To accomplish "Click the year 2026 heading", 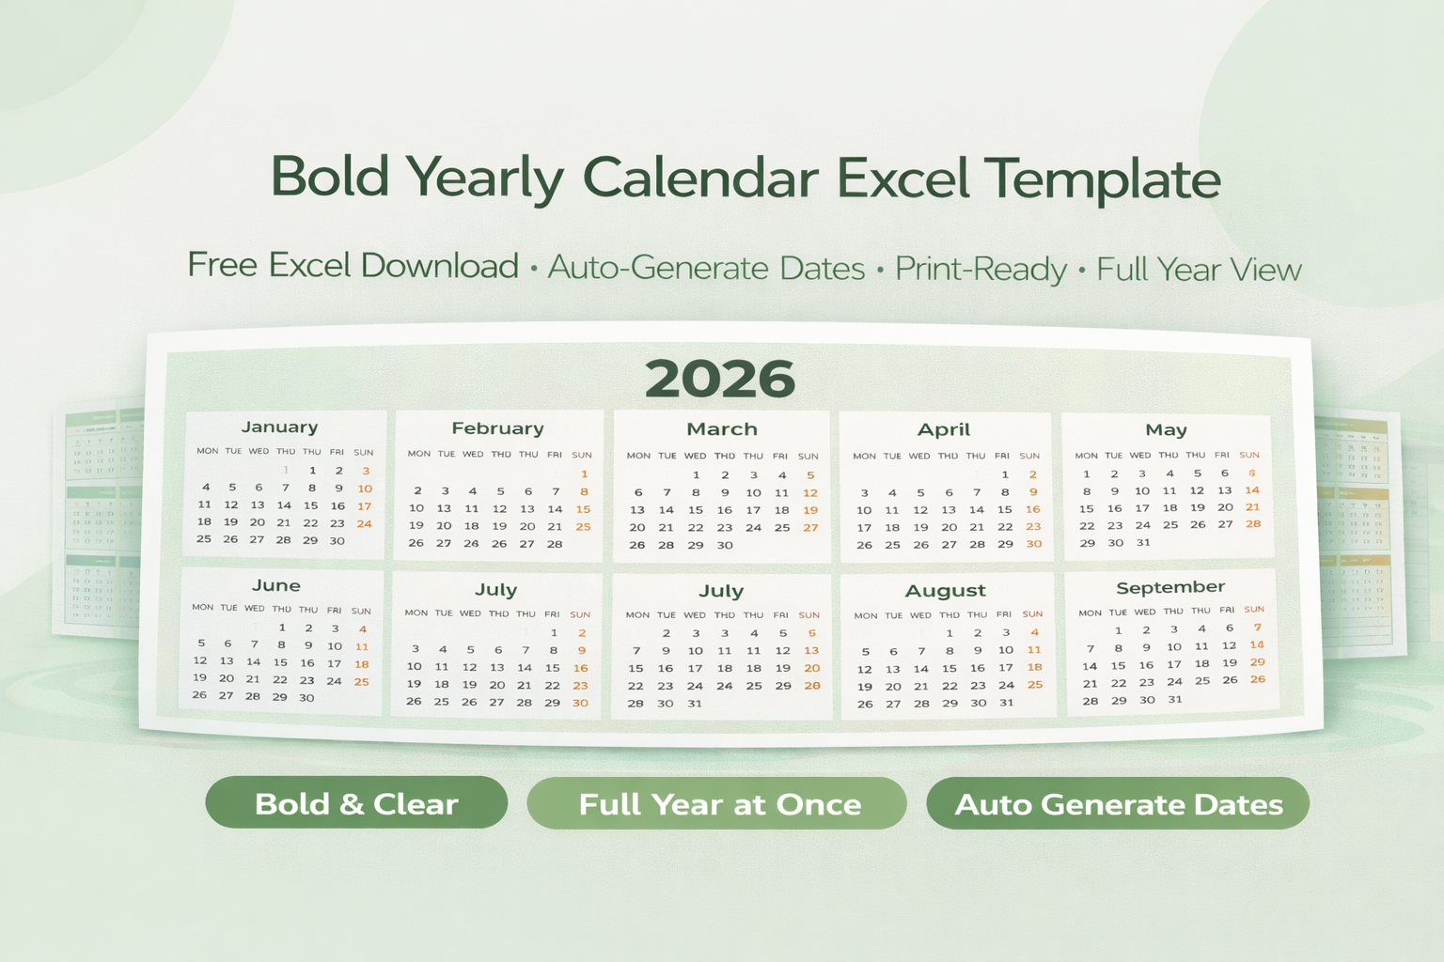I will pos(720,379).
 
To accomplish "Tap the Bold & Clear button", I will pos(356,803).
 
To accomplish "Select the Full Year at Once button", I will pos(719,804).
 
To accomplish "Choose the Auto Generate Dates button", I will pos(1119,804).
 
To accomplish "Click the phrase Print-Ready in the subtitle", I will pos(981,269).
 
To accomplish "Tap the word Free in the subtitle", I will pos(222,265).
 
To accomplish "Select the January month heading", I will pos(279,427).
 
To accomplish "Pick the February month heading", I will pos(497,428).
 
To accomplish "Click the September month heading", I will pos(1170,587).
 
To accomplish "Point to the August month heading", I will pos(946,591).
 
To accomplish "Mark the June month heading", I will pos(276,585).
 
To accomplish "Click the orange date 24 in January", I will pos(365,523).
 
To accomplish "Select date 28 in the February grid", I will pos(555,544).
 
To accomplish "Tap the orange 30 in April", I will pos(1033,544).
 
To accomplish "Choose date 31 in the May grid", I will pos(1143,542).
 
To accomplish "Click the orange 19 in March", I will pos(810,510).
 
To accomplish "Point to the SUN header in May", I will pos(1249,455).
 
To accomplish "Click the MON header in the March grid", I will pos(638,456).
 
